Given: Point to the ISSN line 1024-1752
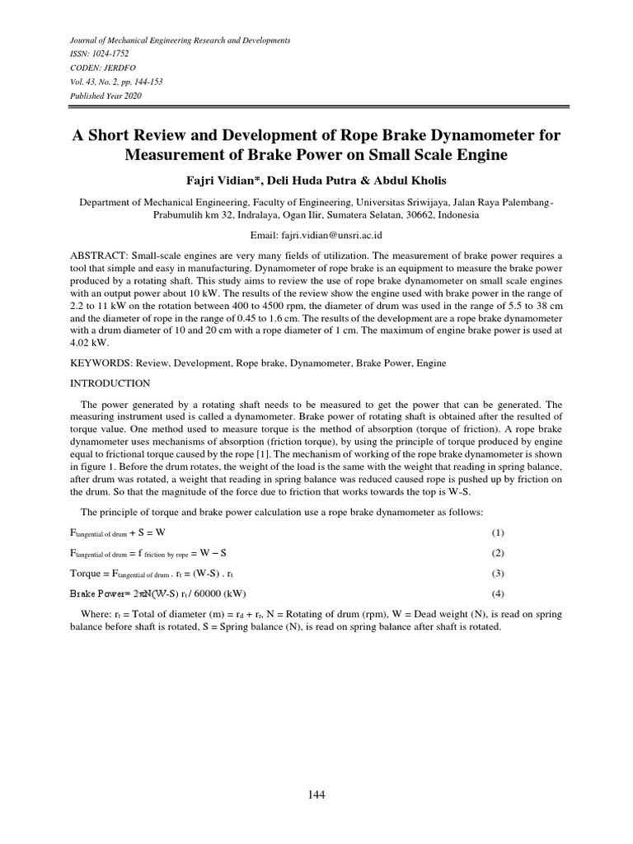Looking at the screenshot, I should (93, 53).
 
